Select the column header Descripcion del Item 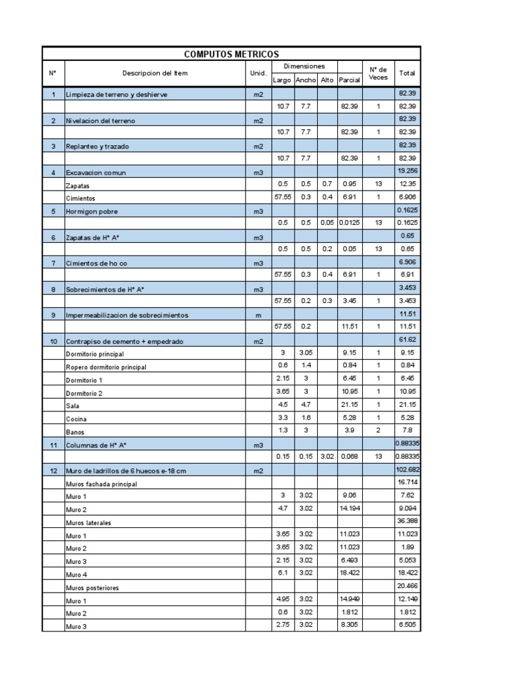click(155, 73)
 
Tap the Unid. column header click(258, 73)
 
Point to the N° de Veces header click(377, 73)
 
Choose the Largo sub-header click(282, 80)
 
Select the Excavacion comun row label click(95, 173)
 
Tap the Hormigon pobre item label click(91, 211)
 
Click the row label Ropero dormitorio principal click(106, 367)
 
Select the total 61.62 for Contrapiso click(407, 340)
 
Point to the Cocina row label click(76, 419)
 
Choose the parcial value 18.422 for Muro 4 click(349, 573)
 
